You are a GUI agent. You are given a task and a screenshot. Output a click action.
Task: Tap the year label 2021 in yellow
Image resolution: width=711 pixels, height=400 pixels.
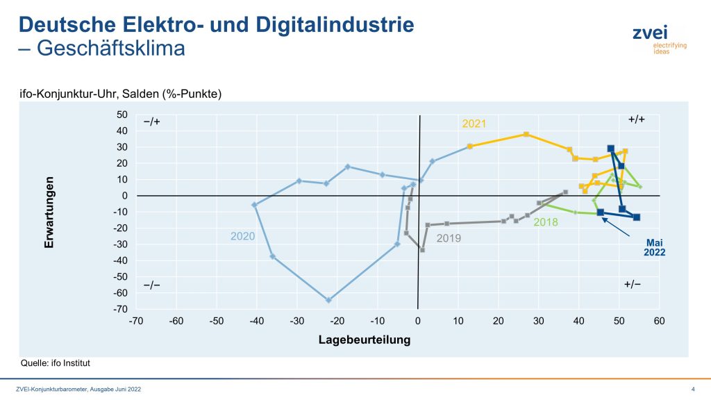coord(474,124)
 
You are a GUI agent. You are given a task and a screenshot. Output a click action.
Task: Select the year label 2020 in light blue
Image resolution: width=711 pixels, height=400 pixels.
coord(243,236)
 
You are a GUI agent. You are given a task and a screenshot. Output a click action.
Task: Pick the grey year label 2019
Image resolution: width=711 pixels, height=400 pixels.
coord(449,237)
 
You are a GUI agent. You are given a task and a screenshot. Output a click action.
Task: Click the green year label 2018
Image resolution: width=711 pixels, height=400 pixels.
coord(546,222)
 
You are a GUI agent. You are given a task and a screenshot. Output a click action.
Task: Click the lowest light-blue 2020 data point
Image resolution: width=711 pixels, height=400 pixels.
coord(328,300)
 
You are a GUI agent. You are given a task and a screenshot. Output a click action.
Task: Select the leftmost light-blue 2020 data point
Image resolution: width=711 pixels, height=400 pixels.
coord(254,205)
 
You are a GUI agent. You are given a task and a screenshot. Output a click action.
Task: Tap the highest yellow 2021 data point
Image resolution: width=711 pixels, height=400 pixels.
coord(526,134)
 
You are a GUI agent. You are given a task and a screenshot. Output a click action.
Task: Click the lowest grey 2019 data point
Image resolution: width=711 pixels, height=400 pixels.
coord(421,249)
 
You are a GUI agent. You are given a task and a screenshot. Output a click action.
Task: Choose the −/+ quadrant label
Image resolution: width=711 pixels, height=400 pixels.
coord(152,121)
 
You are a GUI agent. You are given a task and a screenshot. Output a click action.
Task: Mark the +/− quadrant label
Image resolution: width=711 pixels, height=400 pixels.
coord(633,285)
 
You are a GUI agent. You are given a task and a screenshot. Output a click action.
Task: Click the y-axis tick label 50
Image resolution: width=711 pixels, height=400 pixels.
coord(122,115)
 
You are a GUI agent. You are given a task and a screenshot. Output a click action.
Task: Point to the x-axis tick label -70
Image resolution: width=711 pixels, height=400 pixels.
coord(135,322)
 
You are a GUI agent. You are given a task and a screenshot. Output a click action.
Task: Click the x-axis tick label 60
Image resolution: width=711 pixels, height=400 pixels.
coord(659,322)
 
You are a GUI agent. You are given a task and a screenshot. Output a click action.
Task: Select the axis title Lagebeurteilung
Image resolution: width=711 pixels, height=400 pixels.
coord(365,340)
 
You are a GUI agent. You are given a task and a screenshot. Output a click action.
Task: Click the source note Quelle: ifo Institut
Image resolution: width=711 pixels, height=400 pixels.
coord(56,363)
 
